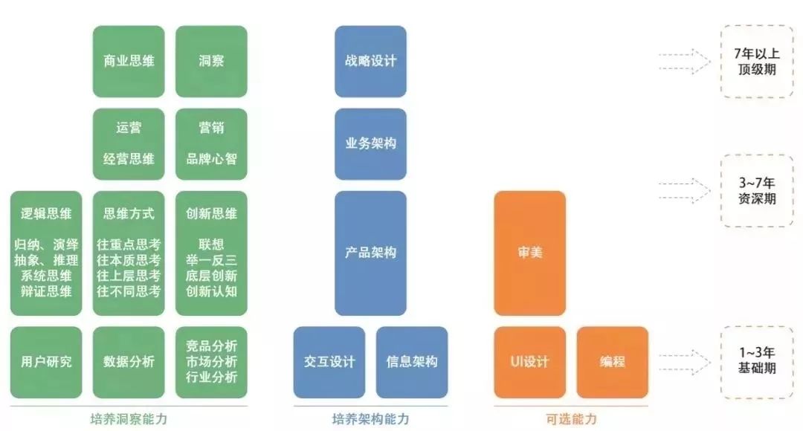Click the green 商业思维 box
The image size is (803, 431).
click(129, 61)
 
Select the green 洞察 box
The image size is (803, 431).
click(211, 61)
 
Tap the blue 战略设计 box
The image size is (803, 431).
click(370, 61)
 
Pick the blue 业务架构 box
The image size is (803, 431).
click(370, 143)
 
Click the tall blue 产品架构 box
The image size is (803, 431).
click(370, 253)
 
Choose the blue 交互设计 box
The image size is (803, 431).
click(329, 362)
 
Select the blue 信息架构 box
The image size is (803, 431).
click(412, 362)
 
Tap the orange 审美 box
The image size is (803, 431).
click(530, 253)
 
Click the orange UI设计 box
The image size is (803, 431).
click(530, 362)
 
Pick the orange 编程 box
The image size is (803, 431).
click(613, 362)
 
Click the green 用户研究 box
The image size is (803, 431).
click(46, 362)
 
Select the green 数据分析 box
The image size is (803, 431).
click(129, 362)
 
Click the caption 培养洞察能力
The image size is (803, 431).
click(129, 419)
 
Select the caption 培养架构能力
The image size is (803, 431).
click(370, 419)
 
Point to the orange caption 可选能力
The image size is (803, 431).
click(571, 419)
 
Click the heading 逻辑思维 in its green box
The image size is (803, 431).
click(46, 214)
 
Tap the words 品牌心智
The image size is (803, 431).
click(211, 159)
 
